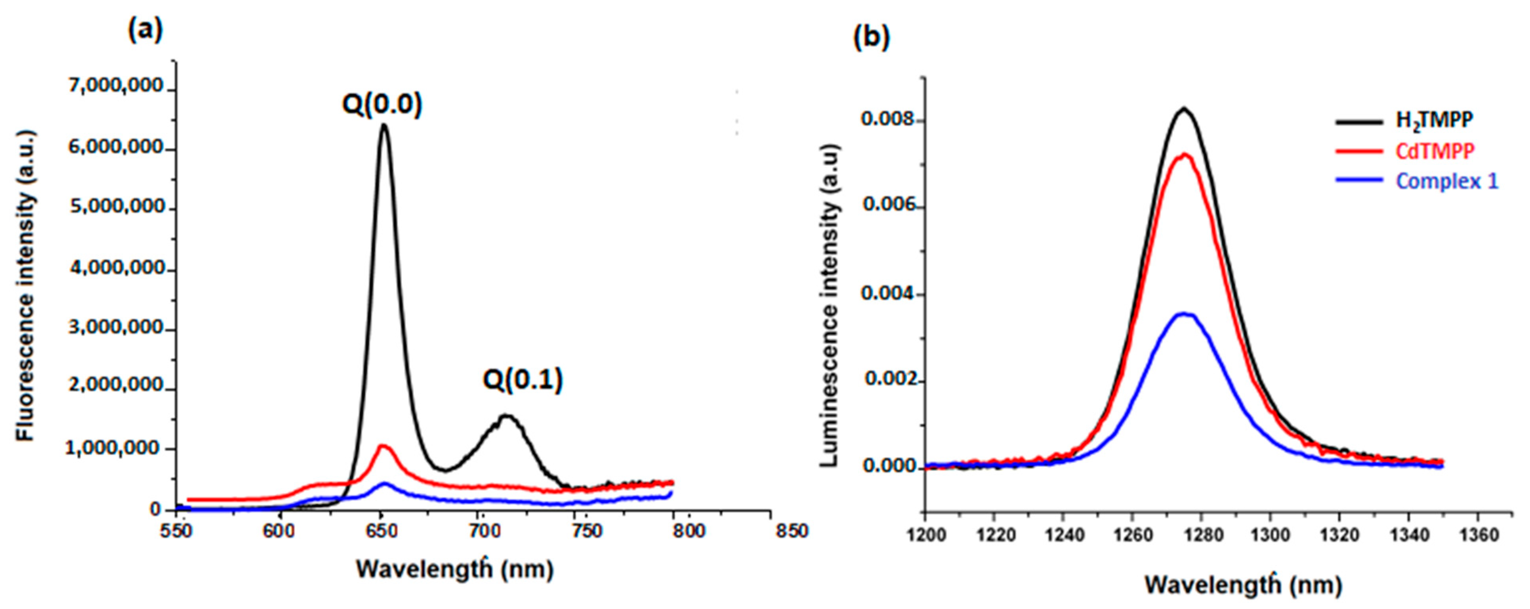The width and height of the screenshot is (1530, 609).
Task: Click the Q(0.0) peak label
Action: pos(382,105)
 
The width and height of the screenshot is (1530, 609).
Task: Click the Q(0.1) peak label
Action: pos(522,380)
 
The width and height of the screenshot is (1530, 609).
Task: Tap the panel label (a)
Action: pos(145,30)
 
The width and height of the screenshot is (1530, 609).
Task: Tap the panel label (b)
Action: pos(871,37)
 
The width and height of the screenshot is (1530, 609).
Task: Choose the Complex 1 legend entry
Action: pos(1417,181)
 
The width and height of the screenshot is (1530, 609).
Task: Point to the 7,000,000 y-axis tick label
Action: pos(116,87)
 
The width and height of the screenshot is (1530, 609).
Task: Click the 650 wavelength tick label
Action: pos(380,530)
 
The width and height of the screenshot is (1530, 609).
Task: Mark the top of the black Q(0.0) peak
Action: pos(384,125)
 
